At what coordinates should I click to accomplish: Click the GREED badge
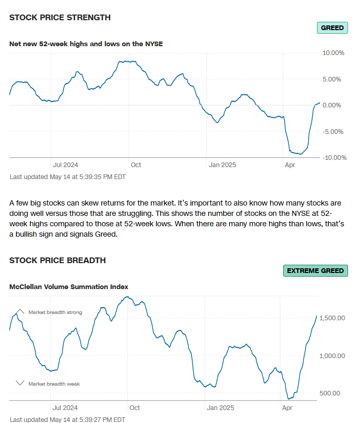coord(332,28)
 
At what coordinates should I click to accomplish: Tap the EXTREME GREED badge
coord(315,270)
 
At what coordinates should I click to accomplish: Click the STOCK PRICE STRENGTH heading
coord(60,17)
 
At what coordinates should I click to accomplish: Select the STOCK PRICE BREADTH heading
coord(58,260)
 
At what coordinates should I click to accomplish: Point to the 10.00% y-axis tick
coord(334,53)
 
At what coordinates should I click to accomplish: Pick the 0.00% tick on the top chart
coord(335,105)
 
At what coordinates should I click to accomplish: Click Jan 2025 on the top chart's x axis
coord(222,165)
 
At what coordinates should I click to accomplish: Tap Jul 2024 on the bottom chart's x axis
coord(65,408)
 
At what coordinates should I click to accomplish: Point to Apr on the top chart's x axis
coord(290,165)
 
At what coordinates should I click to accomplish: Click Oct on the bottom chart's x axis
coord(135,408)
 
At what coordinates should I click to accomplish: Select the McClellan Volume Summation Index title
coord(68,286)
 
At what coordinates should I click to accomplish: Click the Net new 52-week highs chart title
coord(86,44)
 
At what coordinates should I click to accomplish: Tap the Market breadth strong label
coord(55,312)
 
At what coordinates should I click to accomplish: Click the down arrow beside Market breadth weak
coord(20,383)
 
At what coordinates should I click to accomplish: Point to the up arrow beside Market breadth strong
coord(20,311)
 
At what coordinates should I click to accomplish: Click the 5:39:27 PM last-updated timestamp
coord(67,419)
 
